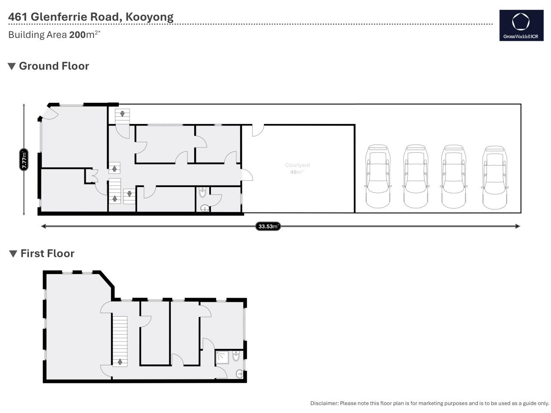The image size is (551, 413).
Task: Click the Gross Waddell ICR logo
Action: pyautogui.click(x=521, y=25)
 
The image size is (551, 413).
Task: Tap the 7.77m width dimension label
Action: pyautogui.click(x=24, y=160)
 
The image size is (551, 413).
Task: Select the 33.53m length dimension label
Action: pyautogui.click(x=268, y=226)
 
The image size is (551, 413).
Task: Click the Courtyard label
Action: pyautogui.click(x=297, y=165)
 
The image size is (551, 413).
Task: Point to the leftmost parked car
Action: pyautogui.click(x=378, y=176)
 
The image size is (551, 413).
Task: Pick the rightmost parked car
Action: pyautogui.click(x=494, y=178)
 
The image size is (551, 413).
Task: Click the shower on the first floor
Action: pyautogui.click(x=222, y=358)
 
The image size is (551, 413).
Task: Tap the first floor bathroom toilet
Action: pyautogui.click(x=236, y=356)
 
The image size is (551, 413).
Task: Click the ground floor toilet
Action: pyautogui.click(x=202, y=192)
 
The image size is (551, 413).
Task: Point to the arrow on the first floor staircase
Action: pyautogui.click(x=120, y=362)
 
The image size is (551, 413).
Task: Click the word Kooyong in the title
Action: pyautogui.click(x=149, y=17)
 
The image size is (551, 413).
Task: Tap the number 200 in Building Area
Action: pyautogui.click(x=77, y=34)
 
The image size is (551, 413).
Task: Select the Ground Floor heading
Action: pyautogui.click(x=54, y=66)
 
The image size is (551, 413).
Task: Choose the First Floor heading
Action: pyautogui.click(x=47, y=253)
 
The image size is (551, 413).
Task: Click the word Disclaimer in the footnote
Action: pyautogui.click(x=324, y=403)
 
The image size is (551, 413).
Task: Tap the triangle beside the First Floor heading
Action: pyautogui.click(x=13, y=254)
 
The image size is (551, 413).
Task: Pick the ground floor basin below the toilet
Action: pyautogui.click(x=205, y=208)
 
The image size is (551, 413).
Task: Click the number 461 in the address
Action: pyautogui.click(x=18, y=17)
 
